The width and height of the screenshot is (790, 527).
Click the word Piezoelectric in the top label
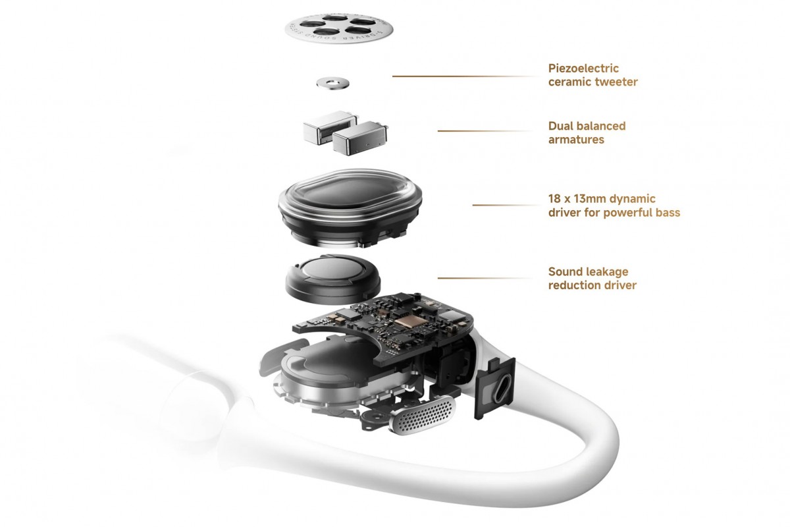click(x=583, y=68)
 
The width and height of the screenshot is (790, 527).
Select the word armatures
click(x=576, y=140)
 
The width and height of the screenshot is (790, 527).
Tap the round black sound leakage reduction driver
click(x=333, y=276)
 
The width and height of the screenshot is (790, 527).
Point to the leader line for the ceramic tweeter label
click(x=464, y=76)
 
